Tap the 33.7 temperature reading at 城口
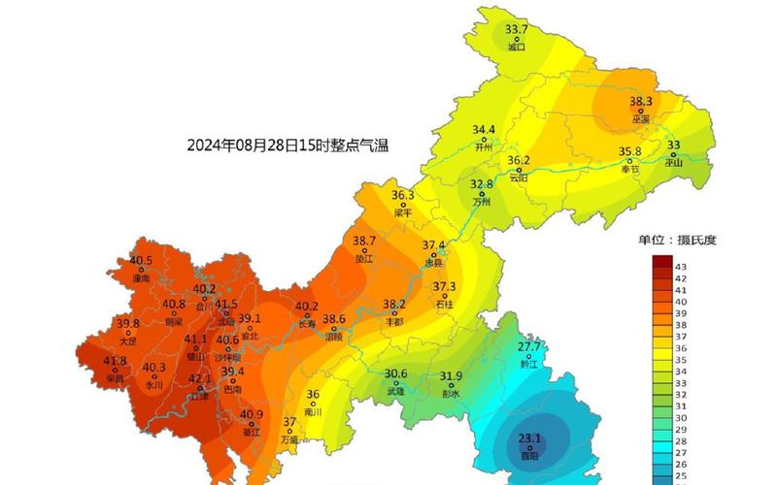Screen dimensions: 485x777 [x=516, y=29]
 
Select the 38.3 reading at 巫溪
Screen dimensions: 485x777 [x=640, y=101]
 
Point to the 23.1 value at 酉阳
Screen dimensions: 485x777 [x=529, y=436]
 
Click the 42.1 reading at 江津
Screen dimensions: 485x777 [x=200, y=378]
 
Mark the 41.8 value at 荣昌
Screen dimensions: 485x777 [x=115, y=362]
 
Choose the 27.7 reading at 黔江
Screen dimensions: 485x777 [x=529, y=346]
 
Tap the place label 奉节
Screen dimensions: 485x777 [x=630, y=169]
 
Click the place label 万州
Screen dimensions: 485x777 [x=482, y=202]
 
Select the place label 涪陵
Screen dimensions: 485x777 [x=334, y=337]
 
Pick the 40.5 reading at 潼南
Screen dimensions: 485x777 [x=141, y=261]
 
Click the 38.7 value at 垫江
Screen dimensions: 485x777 [x=364, y=241]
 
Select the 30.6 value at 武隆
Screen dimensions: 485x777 [x=395, y=374]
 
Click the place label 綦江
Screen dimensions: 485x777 [x=252, y=432]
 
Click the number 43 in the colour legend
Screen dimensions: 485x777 [x=681, y=266]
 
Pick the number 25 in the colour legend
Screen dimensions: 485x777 [x=681, y=475]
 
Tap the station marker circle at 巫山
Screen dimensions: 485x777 [x=673, y=154]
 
